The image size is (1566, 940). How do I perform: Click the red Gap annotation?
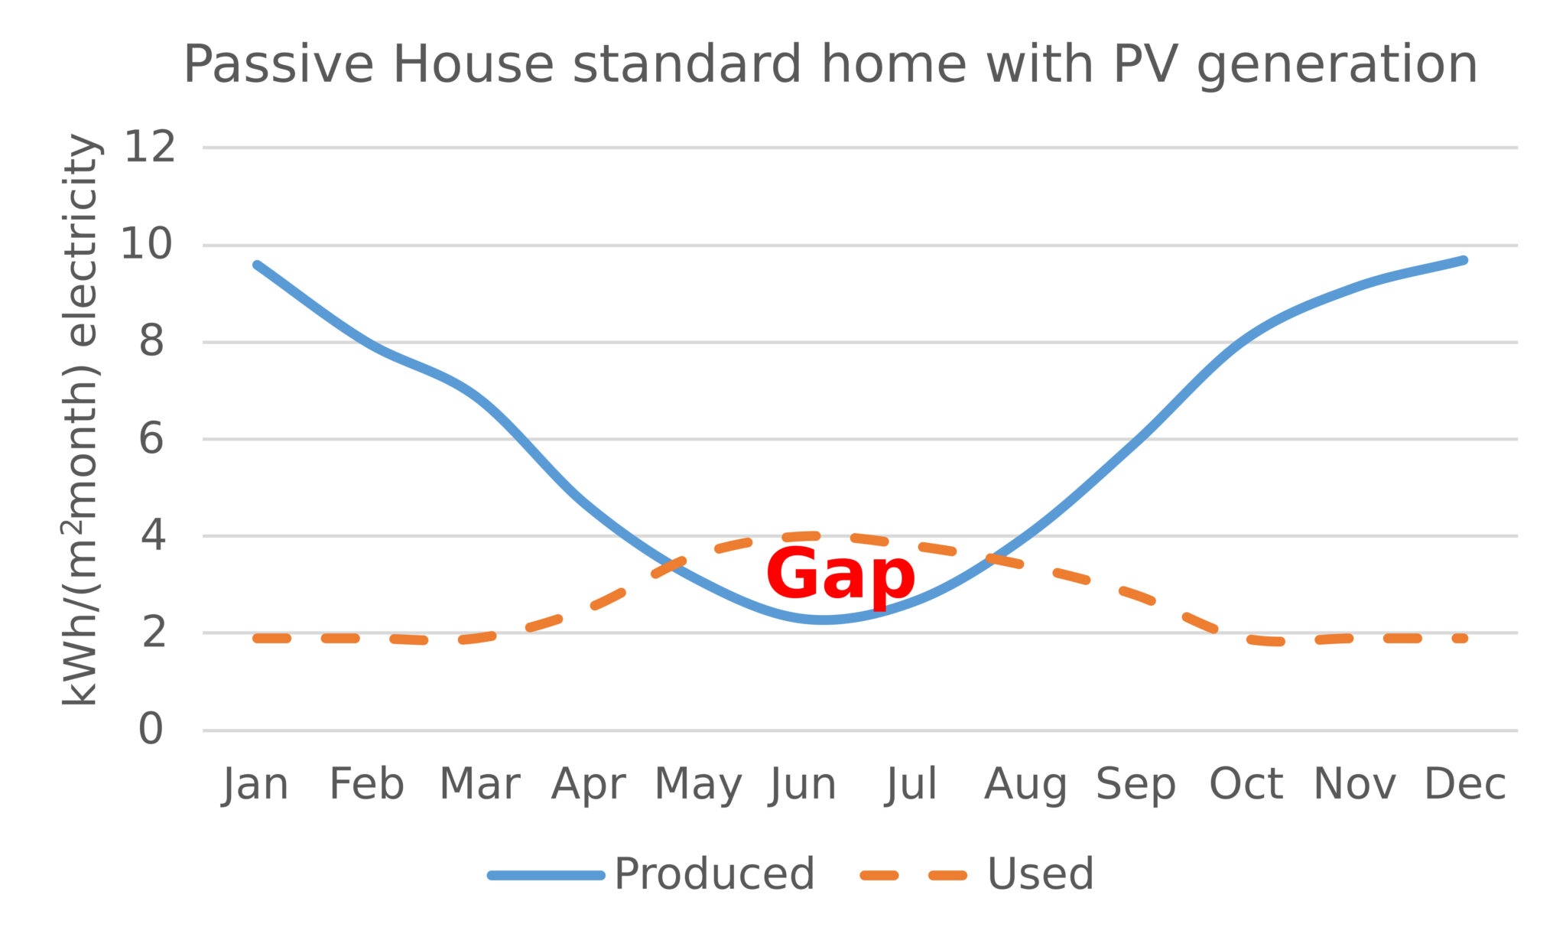[840, 575]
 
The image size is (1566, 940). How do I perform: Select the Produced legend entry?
[713, 873]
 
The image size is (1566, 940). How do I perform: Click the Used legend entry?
[1040, 873]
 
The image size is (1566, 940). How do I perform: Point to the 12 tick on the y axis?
[150, 147]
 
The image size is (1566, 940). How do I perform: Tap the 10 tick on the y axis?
[148, 245]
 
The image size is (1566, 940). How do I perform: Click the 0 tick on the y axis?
[151, 729]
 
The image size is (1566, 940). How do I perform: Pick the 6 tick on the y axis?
[151, 439]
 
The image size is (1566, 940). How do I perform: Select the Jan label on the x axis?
[255, 785]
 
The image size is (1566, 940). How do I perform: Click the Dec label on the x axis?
[1464, 785]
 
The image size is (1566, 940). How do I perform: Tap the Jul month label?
[911, 785]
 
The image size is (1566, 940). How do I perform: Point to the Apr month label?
[588, 785]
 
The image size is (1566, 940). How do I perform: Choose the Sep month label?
[1136, 785]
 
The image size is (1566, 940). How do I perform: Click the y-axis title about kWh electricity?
[81, 419]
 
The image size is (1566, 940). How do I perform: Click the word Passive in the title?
[278, 64]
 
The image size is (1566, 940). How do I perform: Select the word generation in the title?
[1337, 64]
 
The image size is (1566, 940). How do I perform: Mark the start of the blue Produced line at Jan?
[258, 265]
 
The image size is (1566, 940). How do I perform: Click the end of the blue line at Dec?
[1464, 261]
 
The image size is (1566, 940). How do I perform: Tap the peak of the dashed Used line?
[811, 535]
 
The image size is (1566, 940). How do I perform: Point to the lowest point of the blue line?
[822, 620]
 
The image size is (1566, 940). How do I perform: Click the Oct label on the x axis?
[1246, 785]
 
